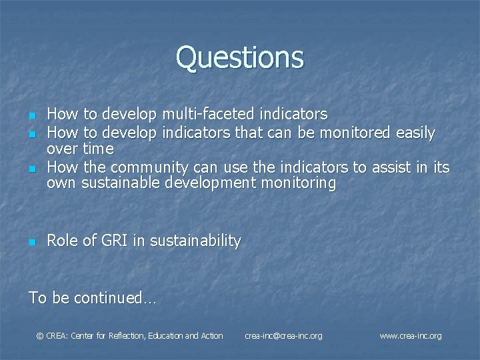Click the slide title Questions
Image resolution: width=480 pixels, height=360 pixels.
click(240, 57)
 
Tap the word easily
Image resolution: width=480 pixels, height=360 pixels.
click(413, 133)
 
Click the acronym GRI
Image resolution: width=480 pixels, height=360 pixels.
click(113, 241)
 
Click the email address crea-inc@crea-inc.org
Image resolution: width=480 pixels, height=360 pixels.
click(283, 336)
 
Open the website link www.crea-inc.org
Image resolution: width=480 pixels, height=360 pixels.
click(410, 336)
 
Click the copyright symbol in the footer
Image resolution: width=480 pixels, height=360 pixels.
click(39, 336)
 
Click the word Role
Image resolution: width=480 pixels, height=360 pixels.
click(61, 241)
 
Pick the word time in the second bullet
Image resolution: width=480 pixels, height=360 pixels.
click(98, 149)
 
